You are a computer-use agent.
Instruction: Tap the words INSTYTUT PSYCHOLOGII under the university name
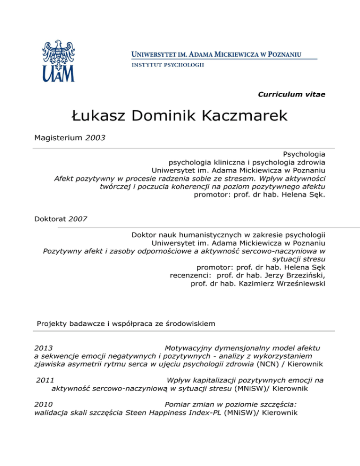tap(167, 65)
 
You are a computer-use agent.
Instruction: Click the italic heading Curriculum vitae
tap(292, 94)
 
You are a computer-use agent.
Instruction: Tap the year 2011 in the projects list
tap(45, 380)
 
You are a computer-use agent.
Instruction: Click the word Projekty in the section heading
tap(53, 323)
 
